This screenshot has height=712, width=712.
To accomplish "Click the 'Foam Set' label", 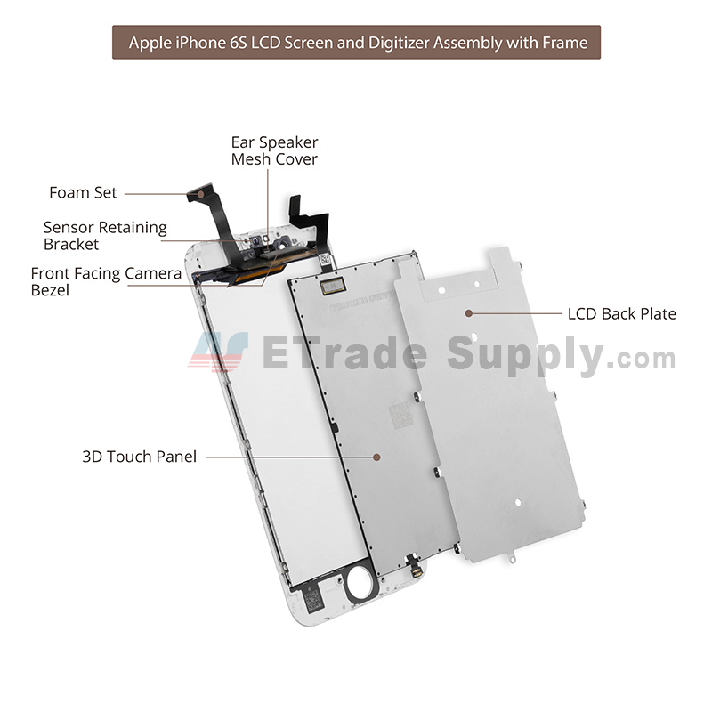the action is tap(83, 193).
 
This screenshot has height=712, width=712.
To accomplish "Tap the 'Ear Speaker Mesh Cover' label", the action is tap(274, 150).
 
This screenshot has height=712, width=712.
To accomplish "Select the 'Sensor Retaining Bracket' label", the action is tap(105, 236).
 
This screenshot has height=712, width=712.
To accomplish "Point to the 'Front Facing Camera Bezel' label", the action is tap(106, 281).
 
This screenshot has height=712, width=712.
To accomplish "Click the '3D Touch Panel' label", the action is tap(140, 457).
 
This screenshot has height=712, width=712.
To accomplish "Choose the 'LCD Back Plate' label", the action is tap(621, 314).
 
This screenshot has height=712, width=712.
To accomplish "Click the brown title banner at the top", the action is tap(357, 42).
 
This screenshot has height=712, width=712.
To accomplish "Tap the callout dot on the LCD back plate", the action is tap(469, 313).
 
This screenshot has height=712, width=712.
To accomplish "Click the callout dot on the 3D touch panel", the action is tap(376, 457).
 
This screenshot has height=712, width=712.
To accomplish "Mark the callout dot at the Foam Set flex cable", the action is tap(200, 194).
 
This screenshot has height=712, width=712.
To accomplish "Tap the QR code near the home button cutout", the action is tap(313, 600).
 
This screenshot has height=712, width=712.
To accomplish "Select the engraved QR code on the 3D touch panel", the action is tap(401, 416).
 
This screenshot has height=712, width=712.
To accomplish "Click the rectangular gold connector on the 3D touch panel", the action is tap(333, 286).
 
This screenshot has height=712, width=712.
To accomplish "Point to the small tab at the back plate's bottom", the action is tap(512, 556).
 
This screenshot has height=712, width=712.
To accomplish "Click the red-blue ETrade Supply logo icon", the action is tap(219, 351).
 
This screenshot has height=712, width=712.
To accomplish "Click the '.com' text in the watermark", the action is tap(643, 360).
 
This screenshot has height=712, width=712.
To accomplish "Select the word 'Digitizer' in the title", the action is tap(400, 43).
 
